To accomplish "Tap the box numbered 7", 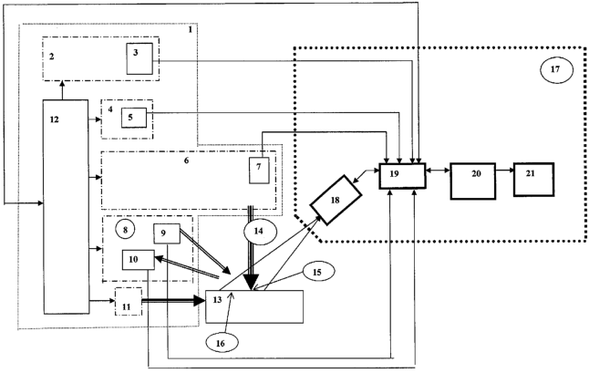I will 260,169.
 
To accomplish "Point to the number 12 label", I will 54,119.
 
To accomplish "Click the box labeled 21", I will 534,171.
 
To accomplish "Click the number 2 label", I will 53,56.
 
